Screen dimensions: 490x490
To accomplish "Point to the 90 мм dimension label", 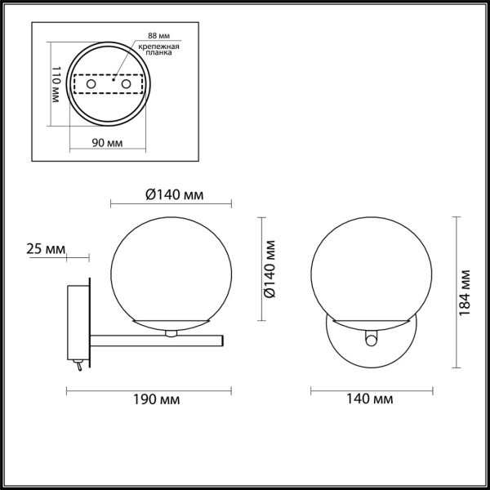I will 107,143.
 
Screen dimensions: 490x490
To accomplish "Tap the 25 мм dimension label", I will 45,247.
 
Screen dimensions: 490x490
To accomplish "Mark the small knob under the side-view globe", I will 171,333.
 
